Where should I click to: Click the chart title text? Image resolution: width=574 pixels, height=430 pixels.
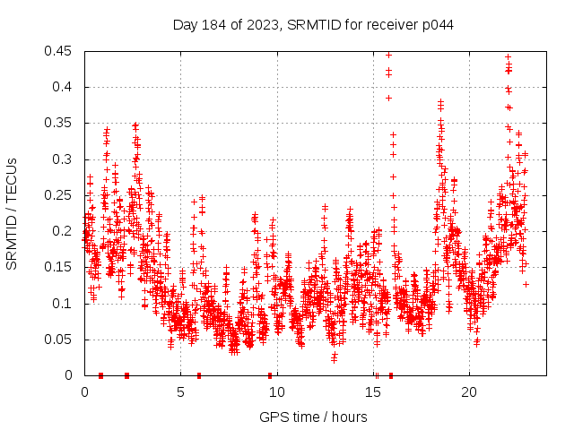point(313,24)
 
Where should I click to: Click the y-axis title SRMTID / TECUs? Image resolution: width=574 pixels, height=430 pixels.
point(12,214)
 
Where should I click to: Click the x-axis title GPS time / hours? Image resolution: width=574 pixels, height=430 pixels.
point(313,417)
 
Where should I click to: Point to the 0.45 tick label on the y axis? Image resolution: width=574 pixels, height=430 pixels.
point(61,51)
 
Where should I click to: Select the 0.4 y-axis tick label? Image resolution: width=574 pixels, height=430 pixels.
point(65,87)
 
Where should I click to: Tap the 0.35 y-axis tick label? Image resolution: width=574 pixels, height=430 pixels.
point(61,123)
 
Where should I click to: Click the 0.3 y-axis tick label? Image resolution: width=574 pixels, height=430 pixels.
point(65,159)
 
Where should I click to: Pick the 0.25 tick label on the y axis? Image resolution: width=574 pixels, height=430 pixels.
point(61,195)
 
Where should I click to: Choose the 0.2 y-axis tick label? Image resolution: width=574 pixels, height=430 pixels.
point(65,231)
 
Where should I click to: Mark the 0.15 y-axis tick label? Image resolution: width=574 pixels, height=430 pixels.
point(61,267)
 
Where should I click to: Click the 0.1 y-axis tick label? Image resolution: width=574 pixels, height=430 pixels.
point(65,303)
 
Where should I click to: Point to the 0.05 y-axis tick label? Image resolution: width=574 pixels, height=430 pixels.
point(61,339)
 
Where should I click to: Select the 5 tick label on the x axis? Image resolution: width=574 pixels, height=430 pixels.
point(180,392)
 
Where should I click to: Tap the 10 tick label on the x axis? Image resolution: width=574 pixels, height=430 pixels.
point(276,392)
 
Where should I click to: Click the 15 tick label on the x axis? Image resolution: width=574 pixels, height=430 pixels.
point(372,392)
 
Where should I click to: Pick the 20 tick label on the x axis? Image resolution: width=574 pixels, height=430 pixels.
point(468,392)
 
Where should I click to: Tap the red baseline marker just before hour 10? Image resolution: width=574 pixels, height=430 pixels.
point(269,375)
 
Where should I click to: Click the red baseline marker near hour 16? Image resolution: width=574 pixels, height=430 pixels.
point(390,375)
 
